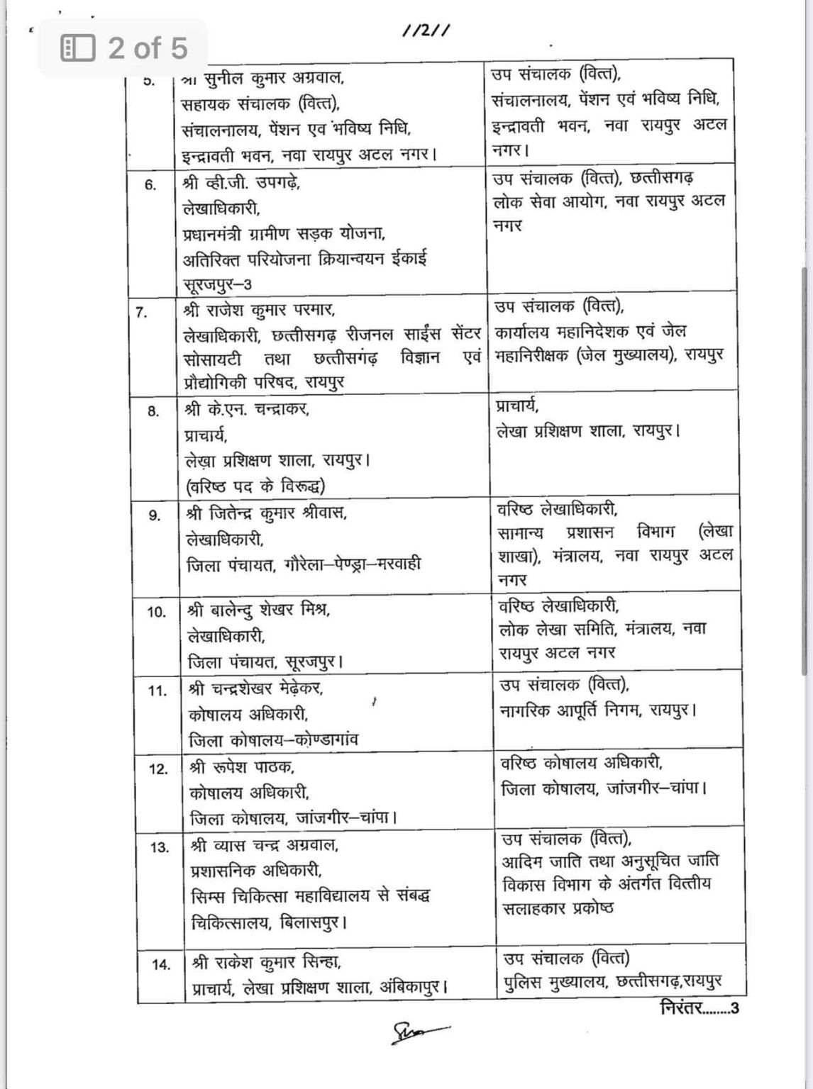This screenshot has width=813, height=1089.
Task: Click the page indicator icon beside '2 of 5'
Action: click(x=78, y=48)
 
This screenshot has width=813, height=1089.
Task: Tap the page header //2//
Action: click(x=426, y=30)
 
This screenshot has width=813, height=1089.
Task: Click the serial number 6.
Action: click(x=150, y=185)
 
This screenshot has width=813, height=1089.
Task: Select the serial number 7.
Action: click(x=142, y=312)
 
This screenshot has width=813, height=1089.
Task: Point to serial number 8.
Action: click(x=153, y=411)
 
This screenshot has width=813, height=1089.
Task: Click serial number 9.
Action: click(x=154, y=515)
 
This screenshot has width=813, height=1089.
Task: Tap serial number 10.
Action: click(x=156, y=612)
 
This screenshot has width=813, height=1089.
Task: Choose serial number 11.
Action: click(x=157, y=691)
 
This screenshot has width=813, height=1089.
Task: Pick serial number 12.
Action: click(x=158, y=769)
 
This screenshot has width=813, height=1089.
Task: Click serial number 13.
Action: click(x=160, y=847)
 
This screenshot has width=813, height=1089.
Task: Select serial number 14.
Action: click(x=161, y=964)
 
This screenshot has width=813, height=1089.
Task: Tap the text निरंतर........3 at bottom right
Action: click(x=699, y=1007)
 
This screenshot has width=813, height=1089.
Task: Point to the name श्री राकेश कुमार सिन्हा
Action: click(x=267, y=962)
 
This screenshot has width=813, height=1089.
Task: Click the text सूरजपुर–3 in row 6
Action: click(x=217, y=284)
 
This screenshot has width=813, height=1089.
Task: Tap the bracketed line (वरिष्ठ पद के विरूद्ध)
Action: click(x=255, y=486)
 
